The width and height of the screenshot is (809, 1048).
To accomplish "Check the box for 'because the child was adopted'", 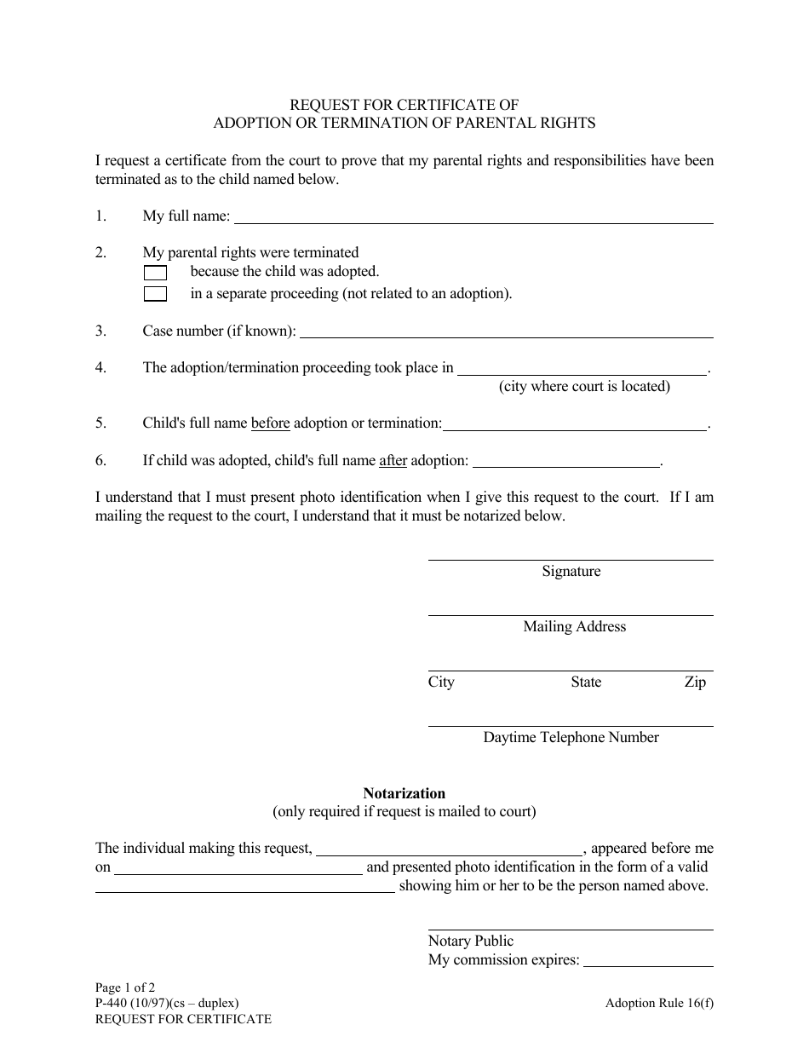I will (x=155, y=273).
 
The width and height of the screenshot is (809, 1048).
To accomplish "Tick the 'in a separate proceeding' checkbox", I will (x=155, y=294).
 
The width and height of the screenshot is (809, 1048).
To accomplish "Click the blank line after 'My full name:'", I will (x=473, y=217).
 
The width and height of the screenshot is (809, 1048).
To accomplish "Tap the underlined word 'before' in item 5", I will (x=271, y=423).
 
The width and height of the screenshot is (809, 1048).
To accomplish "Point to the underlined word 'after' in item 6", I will (x=393, y=461).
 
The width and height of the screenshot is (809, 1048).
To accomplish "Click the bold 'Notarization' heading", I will (x=404, y=793).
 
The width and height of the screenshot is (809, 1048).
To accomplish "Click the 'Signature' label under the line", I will (x=571, y=572).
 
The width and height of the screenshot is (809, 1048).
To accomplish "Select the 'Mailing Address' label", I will (x=575, y=627).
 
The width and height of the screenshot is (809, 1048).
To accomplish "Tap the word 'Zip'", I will (x=695, y=682).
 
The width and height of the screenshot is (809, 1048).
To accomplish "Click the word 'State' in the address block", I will (x=586, y=682).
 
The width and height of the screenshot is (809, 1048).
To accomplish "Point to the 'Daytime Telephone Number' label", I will (x=571, y=738).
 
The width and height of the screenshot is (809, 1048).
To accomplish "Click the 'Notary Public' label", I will (x=471, y=941).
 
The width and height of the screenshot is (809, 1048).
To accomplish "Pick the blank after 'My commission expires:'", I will (x=648, y=961).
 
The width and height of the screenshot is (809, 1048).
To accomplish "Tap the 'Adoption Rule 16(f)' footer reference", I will (x=660, y=1003).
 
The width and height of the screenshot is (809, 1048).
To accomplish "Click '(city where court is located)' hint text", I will (x=585, y=387).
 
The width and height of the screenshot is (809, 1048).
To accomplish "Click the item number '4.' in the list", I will (x=101, y=368).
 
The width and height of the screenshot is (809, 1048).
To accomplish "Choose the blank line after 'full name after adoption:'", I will (x=566, y=462).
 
